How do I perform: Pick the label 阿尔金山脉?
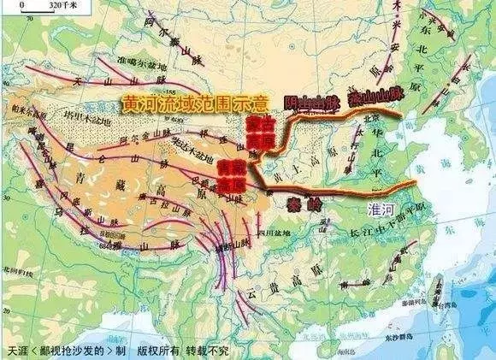[154, 139]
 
